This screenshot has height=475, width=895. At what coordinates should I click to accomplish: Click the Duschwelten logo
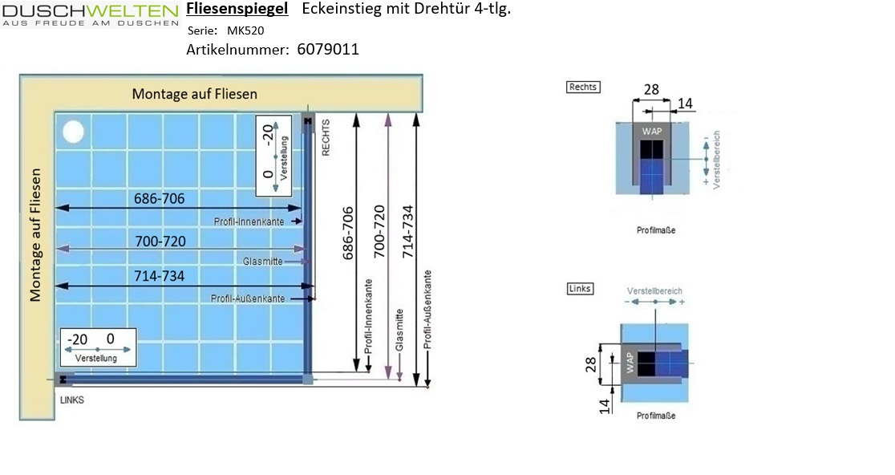pos(90,14)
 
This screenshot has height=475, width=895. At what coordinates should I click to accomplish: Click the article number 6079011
pos(328,50)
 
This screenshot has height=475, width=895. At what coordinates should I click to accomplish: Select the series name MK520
pos(245,30)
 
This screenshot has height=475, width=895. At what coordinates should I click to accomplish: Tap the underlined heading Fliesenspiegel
pos(237,9)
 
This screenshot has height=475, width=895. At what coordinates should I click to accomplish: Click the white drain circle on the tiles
pos(73,132)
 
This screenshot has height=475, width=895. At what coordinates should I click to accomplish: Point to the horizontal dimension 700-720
pos(160,242)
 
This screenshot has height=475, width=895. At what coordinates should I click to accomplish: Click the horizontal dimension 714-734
pos(160,276)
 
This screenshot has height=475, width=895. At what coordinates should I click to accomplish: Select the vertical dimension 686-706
pos(348,233)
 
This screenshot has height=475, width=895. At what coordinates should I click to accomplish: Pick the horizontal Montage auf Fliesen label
pos(195,94)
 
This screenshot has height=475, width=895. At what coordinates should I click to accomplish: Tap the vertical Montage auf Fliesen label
pos(35,234)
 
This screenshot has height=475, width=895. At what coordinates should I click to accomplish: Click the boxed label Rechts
pos(583,87)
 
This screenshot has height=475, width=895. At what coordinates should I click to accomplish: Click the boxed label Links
pos(580,288)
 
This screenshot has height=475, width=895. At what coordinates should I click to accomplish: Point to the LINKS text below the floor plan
pos(72,400)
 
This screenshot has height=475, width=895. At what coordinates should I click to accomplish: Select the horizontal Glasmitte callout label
pos(262,262)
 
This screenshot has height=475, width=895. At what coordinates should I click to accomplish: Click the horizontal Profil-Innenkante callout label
pos(249,221)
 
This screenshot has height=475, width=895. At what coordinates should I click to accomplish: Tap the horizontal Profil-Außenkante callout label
pos(248,298)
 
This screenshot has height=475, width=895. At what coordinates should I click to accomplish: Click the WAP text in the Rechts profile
pos(652,132)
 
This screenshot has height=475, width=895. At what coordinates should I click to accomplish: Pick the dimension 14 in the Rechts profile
pos(685,104)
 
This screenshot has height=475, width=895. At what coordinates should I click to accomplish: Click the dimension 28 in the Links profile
pos(591,364)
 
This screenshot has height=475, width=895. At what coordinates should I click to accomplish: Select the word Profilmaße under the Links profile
pos(656,416)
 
